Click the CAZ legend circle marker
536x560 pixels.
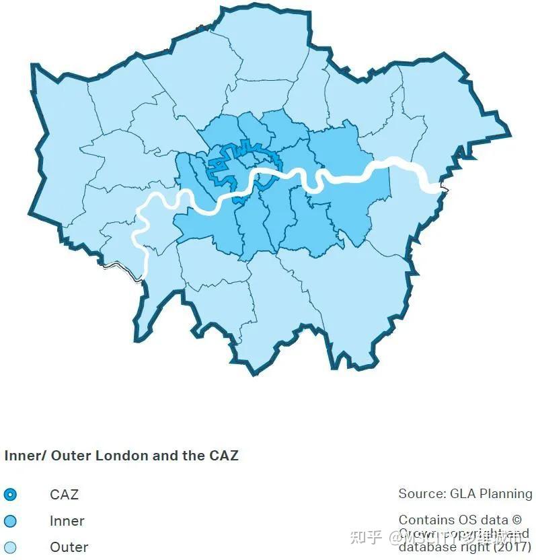[x=10, y=495]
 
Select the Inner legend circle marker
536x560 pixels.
[x=10, y=521]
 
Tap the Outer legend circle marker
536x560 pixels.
[x=10, y=547]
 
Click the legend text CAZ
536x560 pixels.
[x=64, y=495]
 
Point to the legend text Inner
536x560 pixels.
[x=67, y=521]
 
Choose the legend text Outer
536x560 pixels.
[x=69, y=547]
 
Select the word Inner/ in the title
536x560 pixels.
[x=25, y=456]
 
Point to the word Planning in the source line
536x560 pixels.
[x=504, y=494]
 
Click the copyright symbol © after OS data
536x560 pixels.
[x=516, y=520]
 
